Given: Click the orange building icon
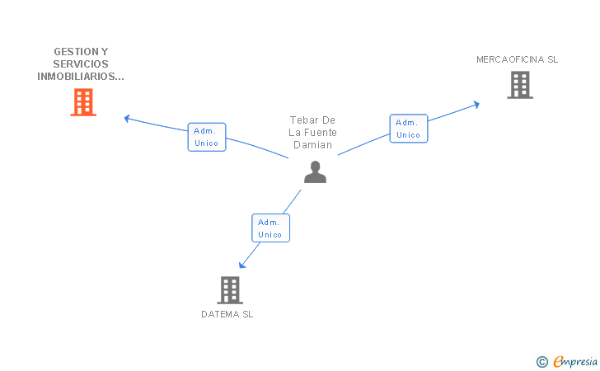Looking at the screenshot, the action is pyautogui.click(x=83, y=102).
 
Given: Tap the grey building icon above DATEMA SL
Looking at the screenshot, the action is pyautogui.click(x=230, y=289).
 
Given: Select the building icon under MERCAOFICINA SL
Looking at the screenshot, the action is pyautogui.click(x=519, y=84).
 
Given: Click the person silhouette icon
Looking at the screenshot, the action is pyautogui.click(x=315, y=171).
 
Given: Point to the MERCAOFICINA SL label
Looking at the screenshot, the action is pyautogui.click(x=517, y=59).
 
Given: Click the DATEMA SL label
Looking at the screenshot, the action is pyautogui.click(x=227, y=314).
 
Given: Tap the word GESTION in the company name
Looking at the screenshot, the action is pyautogui.click(x=68, y=51).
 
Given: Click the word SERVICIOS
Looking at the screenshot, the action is pyautogui.click(x=81, y=63).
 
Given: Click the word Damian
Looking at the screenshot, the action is pyautogui.click(x=313, y=145).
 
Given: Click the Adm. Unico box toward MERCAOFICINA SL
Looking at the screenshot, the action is pyautogui.click(x=408, y=129).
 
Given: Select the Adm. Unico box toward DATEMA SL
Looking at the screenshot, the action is pyautogui.click(x=270, y=228).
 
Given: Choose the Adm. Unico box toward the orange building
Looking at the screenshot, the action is pyautogui.click(x=206, y=137).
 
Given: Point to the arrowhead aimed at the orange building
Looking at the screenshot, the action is pyautogui.click(x=127, y=118).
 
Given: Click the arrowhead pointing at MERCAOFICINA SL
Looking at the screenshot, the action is pyautogui.click(x=476, y=104).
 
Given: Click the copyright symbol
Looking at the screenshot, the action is pyautogui.click(x=541, y=361).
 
